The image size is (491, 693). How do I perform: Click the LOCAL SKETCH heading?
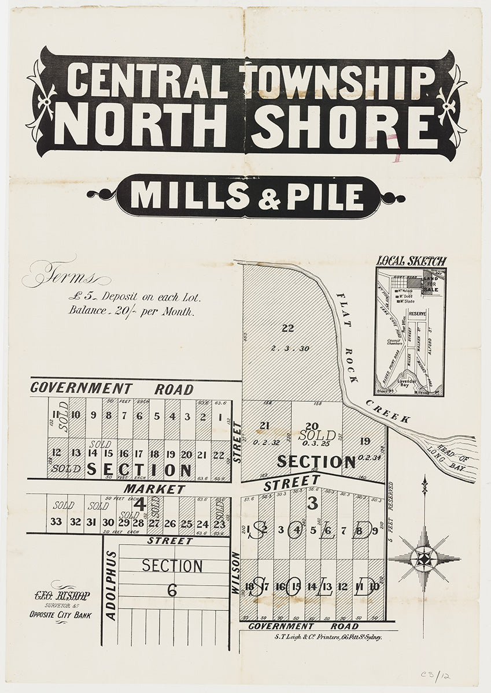(411, 261)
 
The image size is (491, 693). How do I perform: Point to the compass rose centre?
(424, 557)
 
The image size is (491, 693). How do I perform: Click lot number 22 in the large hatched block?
(287, 329)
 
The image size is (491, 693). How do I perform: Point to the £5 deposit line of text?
(134, 298)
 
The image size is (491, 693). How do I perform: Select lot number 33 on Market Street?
(56, 521)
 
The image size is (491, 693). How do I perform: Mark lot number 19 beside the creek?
(364, 441)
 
